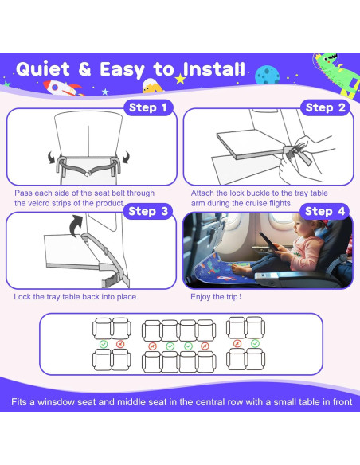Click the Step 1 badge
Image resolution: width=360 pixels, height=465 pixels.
[x=148, y=107]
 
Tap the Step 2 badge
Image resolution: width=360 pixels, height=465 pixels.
[x=325, y=107]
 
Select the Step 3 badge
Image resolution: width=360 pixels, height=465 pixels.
[x=148, y=211]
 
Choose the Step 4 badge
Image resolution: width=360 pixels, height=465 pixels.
[x=325, y=211]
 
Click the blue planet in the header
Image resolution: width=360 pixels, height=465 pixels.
[x=267, y=75]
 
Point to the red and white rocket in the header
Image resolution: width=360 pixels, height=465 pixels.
[x=63, y=88]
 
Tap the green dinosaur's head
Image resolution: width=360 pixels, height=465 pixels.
[x=327, y=61]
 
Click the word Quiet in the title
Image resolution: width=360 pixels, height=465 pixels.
[x=43, y=69]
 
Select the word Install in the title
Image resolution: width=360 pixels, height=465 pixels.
[x=213, y=69]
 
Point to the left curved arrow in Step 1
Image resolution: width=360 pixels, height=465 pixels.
[x=52, y=158]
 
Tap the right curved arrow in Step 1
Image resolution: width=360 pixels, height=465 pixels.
[x=126, y=157]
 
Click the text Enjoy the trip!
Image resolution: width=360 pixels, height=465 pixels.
[x=216, y=296]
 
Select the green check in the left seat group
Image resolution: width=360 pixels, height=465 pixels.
[x=104, y=344]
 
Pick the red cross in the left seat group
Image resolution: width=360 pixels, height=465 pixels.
[x=120, y=344]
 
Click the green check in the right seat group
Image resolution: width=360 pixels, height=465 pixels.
[x=255, y=343]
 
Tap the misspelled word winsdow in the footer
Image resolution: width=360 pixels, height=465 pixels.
[x=56, y=402]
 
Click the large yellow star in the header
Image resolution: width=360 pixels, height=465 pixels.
[x=180, y=79]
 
